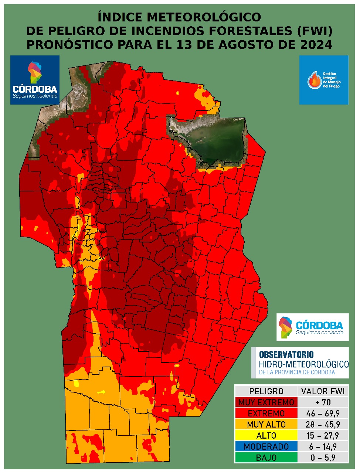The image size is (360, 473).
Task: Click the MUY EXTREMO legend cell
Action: [266, 402]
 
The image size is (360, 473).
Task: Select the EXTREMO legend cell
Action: [266, 413]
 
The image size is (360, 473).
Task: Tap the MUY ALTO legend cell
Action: [266, 424]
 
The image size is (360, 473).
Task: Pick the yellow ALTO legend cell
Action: [266, 435]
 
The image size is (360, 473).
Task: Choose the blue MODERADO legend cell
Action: [266, 446]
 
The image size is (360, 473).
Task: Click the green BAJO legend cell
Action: [266, 457]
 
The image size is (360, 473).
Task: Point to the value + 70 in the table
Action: [323, 402]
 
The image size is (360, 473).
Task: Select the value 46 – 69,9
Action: [323, 413]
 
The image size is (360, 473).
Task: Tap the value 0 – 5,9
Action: [323, 457]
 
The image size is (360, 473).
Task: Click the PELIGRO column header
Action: [266, 391]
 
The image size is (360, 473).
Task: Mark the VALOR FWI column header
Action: [323, 391]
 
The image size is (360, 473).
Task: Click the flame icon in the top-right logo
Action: [315, 80]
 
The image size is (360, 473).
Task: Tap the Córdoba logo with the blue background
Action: [35, 80]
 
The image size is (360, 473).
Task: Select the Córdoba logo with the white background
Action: [312, 327]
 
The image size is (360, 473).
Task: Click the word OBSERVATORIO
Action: [286, 355]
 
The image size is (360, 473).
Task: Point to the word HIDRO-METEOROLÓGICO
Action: [304, 364]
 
